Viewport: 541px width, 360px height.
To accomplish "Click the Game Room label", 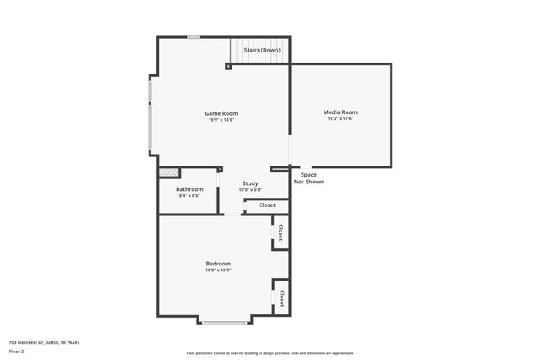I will [221, 113].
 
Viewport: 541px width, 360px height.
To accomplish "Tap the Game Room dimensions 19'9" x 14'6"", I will [221, 120].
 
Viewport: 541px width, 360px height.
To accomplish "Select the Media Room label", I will [340, 112].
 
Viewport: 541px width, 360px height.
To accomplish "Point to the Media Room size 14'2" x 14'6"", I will [340, 119].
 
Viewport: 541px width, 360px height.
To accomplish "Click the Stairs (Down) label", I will [262, 51].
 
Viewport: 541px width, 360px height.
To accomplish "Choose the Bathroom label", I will [189, 189].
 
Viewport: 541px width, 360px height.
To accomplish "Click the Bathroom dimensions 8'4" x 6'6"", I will [189, 196].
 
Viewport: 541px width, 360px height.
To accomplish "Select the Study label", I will [250, 183].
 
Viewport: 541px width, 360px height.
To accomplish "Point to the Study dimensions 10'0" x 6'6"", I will [250, 190].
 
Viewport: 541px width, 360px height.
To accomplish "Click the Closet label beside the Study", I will [267, 205].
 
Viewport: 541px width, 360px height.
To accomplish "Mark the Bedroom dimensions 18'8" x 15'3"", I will [218, 270].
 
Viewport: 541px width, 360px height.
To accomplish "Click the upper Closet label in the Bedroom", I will [281, 232].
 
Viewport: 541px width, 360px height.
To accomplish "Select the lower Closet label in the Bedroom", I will [281, 298].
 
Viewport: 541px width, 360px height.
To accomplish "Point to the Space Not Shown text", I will [309, 178].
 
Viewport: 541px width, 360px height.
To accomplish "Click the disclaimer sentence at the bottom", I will [270, 353].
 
